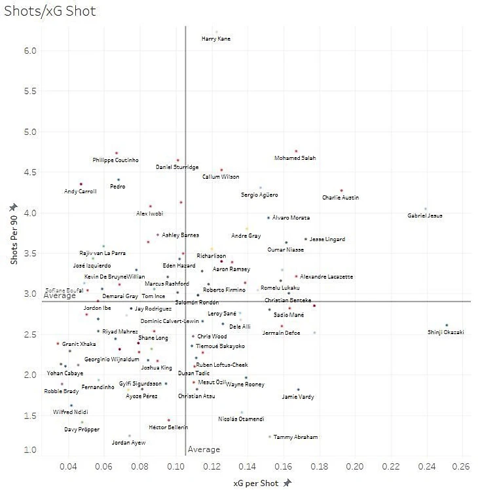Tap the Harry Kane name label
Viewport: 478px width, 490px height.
click(x=216, y=39)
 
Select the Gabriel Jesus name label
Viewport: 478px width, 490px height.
click(x=426, y=216)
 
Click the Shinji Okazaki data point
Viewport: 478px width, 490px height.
click(x=447, y=325)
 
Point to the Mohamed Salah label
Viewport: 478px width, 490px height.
click(x=295, y=158)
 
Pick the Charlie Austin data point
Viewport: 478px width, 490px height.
click(x=341, y=191)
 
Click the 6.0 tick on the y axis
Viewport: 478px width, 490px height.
click(x=29, y=51)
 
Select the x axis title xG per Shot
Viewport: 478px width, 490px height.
click(x=257, y=483)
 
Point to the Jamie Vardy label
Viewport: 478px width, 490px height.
click(x=298, y=396)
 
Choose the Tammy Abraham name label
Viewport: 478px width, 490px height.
click(x=295, y=437)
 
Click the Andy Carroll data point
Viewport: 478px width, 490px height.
click(x=81, y=184)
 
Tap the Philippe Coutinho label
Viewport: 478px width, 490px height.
click(x=115, y=160)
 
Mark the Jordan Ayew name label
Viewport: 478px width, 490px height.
click(x=128, y=443)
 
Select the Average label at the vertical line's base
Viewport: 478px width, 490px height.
click(x=204, y=449)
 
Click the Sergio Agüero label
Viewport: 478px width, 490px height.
click(x=259, y=195)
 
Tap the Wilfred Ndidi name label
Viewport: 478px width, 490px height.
click(x=70, y=412)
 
